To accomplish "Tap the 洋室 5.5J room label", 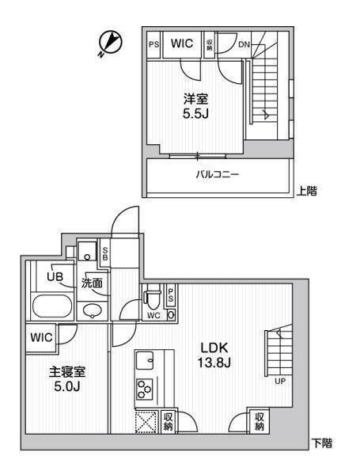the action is point(196,106).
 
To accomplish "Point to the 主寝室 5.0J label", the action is point(67,379).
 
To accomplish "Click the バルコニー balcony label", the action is point(218,174).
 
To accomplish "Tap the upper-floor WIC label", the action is point(182,44).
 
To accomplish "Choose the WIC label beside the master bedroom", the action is point(41,337).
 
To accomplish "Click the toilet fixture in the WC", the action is point(152,297).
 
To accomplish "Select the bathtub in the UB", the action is point(53,306).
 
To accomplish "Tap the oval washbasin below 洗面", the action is point(93,311).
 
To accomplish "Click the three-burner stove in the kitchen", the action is point(144,389).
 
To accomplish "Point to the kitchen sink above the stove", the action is point(145,360).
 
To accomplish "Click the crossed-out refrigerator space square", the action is point(146,421).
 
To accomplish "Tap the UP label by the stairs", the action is point(280,382).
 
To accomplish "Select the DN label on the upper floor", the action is point(244,44).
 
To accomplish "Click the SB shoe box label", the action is point(105,254).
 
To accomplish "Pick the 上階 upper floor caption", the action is point(306,191).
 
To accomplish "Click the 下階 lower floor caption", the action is point(322,443).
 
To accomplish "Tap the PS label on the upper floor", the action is point(153,44).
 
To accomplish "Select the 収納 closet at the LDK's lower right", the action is point(260,422).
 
